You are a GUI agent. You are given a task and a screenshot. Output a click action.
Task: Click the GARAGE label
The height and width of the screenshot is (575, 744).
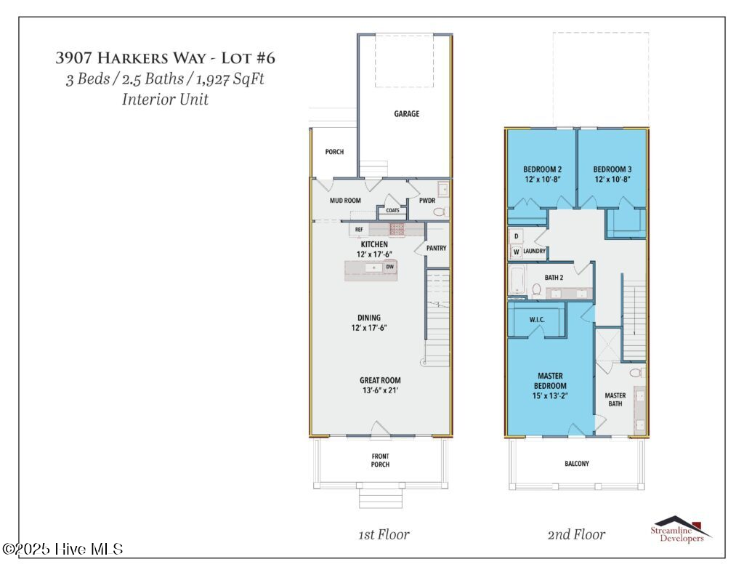[x=407, y=114]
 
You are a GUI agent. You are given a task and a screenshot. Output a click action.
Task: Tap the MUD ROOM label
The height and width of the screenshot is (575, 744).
[x=345, y=201]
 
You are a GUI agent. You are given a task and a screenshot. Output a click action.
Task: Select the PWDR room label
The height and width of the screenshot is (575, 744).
[x=427, y=201]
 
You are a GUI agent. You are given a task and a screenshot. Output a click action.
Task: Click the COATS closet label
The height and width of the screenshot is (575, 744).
[x=392, y=210]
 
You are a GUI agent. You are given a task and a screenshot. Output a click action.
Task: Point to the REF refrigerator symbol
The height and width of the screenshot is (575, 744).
[x=359, y=230]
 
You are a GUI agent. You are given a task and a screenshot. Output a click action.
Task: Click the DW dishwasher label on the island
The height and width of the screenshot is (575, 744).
[x=389, y=267]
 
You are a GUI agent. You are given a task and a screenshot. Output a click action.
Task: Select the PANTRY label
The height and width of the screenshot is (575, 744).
[x=436, y=248]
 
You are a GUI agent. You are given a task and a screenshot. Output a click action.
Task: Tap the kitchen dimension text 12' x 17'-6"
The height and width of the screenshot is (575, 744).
[x=374, y=254]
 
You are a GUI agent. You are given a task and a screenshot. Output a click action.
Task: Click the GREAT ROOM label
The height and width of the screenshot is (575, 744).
[x=380, y=380]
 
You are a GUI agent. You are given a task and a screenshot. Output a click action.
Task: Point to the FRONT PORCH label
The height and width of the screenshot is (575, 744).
[x=380, y=460]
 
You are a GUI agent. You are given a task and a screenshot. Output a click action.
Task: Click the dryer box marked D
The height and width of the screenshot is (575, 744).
[x=517, y=236]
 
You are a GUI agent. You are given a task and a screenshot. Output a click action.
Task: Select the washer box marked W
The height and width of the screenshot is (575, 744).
[x=517, y=252]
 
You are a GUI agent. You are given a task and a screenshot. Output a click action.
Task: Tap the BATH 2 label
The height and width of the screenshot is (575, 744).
[x=554, y=277]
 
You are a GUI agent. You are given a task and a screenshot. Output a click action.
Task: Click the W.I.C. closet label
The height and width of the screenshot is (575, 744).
[x=537, y=320]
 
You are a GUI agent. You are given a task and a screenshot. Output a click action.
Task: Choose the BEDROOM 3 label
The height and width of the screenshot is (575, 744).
[x=612, y=169]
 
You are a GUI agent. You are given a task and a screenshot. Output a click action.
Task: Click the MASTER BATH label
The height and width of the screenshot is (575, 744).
[x=615, y=399]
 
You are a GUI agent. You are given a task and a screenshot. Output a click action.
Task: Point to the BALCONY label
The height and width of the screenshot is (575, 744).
[x=576, y=464]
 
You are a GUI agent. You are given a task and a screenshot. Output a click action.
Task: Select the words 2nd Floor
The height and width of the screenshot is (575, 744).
[x=576, y=534]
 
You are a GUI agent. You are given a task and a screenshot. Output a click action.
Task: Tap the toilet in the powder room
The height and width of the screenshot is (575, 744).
[x=441, y=212]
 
